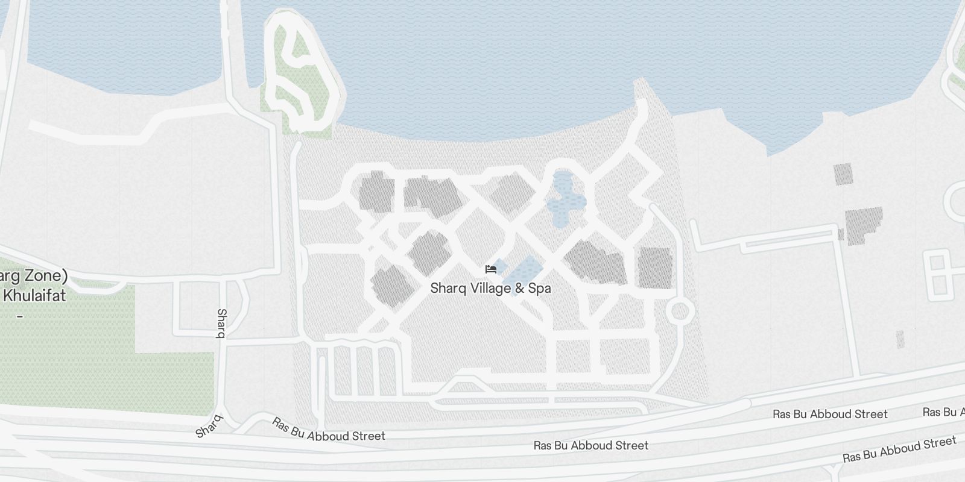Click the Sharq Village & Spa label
[x=490, y=288]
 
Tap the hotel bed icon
[x=490, y=269]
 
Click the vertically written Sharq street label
[x=221, y=323]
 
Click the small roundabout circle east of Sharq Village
[x=679, y=311]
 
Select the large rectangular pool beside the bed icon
[x=523, y=274]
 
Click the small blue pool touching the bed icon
[x=500, y=265]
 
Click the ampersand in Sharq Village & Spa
[x=519, y=288]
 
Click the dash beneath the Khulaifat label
[x=20, y=316]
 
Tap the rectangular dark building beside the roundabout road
[x=655, y=267]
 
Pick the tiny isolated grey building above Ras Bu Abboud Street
[x=900, y=339]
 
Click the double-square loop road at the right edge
[x=937, y=277]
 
